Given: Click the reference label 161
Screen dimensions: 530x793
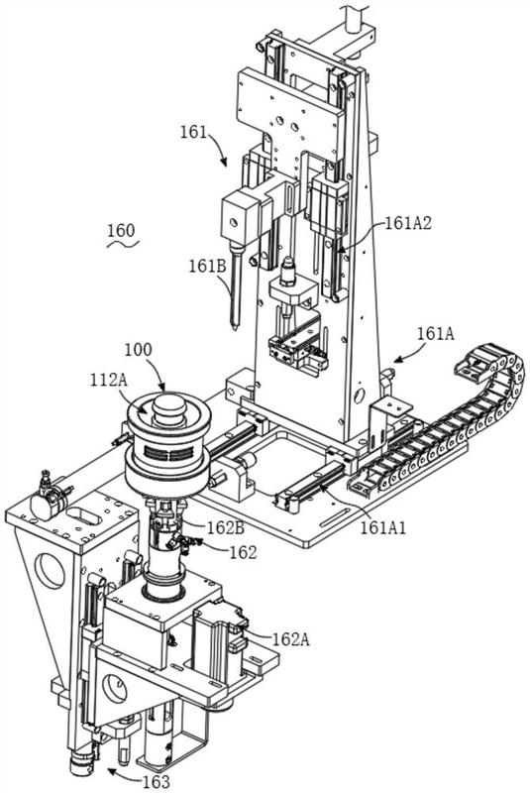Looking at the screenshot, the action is pos(193,133).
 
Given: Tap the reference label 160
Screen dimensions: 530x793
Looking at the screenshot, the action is pos(121,231).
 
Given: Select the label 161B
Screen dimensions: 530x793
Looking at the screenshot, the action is pos(208,267).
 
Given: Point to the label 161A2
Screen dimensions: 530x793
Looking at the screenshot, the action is pos(408,223).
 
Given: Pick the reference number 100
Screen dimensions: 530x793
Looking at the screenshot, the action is pos(138,350).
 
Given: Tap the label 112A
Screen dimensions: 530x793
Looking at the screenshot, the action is pos(109,380).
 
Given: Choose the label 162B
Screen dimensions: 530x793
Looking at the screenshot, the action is pos(226,528).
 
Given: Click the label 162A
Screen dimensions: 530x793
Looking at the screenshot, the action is pos(291,639).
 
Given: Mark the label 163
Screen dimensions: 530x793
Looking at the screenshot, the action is pos(157,781).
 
